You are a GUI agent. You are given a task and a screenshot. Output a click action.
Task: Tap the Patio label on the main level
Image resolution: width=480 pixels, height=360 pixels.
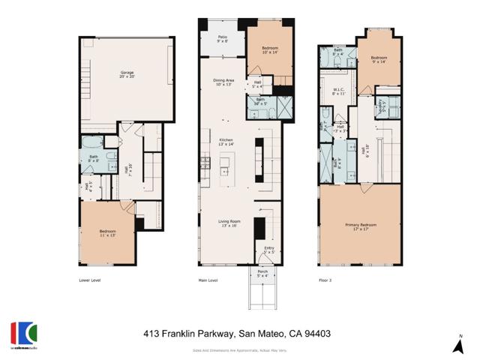[223, 38]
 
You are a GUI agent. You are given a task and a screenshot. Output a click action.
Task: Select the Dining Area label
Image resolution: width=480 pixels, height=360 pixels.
[225, 82]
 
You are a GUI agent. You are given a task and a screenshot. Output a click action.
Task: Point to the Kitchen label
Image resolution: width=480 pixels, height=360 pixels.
[225, 141]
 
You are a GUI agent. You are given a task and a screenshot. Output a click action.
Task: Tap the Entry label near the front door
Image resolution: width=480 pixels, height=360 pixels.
[269, 250]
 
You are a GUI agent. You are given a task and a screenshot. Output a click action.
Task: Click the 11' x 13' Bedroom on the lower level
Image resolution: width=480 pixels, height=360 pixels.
[107, 232]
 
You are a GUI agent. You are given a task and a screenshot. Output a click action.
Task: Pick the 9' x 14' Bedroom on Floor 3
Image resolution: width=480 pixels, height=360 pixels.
[379, 59]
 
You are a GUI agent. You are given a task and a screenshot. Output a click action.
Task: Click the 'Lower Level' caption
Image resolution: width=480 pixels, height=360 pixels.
[90, 280]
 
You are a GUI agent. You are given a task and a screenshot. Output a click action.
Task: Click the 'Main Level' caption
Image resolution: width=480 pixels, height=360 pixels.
[207, 280]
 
